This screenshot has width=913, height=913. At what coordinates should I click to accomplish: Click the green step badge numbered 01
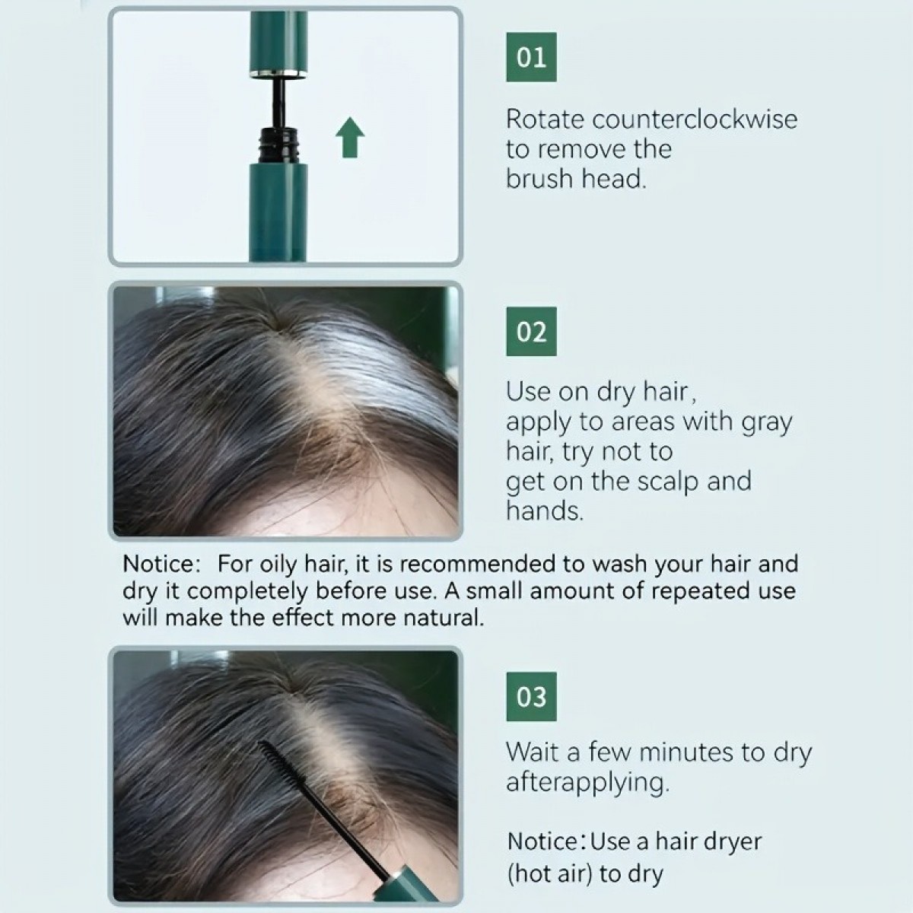pyautogui.click(x=531, y=57)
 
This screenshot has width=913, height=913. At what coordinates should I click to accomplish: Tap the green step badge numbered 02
pyautogui.click(x=531, y=332)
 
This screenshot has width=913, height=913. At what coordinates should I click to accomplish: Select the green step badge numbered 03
pyautogui.click(x=531, y=696)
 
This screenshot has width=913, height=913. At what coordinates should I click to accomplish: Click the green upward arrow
pyautogui.click(x=350, y=137)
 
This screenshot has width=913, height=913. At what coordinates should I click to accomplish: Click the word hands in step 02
pyautogui.click(x=545, y=511)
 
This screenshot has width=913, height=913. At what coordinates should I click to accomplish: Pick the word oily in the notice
pyautogui.click(x=279, y=564)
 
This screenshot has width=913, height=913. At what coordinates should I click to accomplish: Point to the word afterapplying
pyautogui.click(x=587, y=783)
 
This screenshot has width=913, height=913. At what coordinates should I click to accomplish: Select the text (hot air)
pyautogui.click(x=549, y=874)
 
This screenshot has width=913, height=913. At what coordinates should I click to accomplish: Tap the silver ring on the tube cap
pyautogui.click(x=278, y=73)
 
